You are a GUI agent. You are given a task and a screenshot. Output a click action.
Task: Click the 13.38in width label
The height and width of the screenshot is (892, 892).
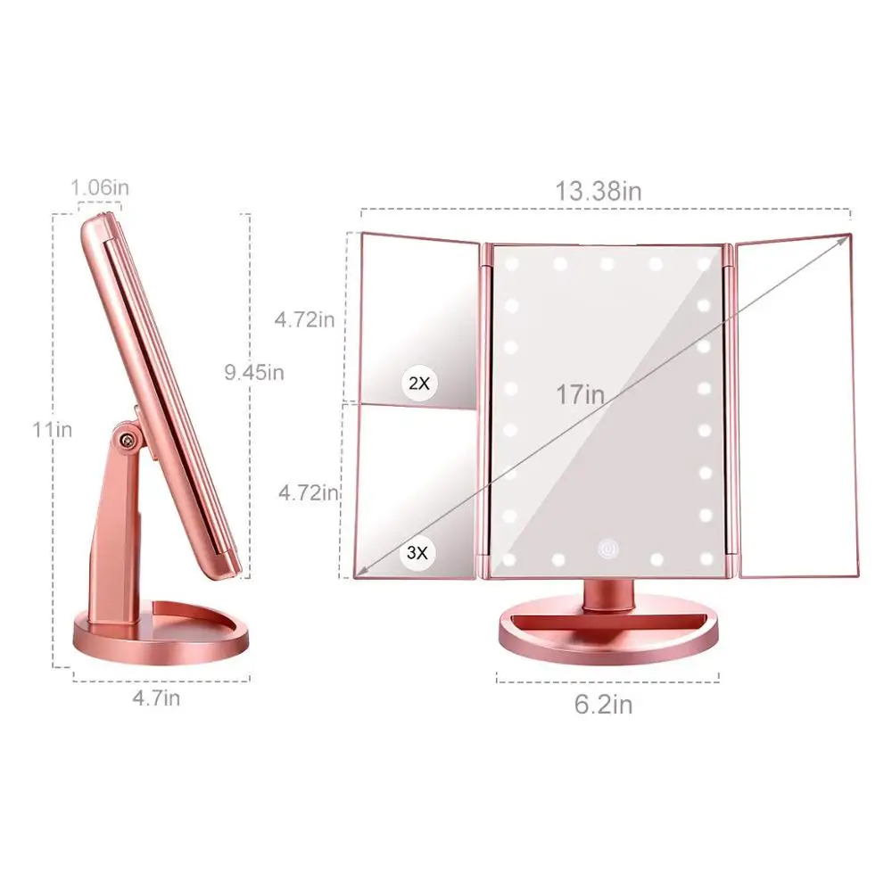[x=599, y=191]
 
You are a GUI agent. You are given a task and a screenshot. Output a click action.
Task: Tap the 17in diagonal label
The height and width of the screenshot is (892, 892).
[x=581, y=394]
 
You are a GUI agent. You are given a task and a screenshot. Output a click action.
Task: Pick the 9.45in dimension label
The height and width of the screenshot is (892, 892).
[x=254, y=372]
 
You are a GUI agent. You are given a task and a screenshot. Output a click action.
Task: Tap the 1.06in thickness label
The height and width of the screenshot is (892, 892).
[x=100, y=188]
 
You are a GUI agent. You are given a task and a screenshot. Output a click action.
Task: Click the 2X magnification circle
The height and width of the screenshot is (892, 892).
[x=418, y=384]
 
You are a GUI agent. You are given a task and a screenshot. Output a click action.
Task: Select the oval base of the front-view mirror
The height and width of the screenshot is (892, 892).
[x=608, y=633]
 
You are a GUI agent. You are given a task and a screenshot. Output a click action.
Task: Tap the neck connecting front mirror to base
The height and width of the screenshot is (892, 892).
[x=610, y=591]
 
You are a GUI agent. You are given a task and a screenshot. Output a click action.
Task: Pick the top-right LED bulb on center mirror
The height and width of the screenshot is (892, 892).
[x=705, y=264]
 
